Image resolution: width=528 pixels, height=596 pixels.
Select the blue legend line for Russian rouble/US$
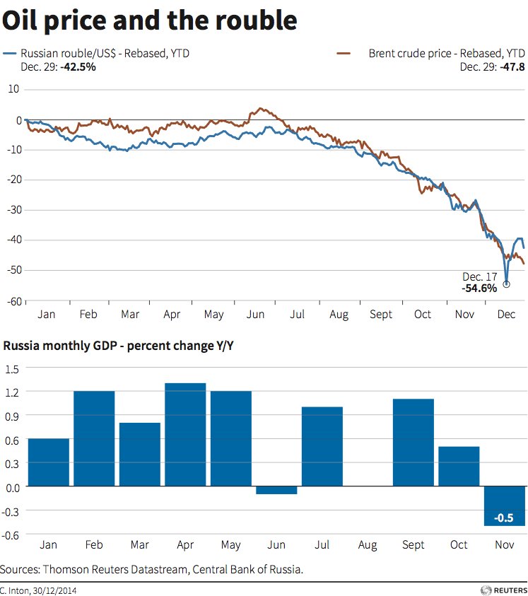coord(10,53)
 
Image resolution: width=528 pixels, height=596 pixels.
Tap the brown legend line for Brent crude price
coord(344,53)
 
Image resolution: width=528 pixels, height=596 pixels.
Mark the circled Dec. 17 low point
coord(506,284)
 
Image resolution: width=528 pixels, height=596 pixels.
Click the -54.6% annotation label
coord(480,288)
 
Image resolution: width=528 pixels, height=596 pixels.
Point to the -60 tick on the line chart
coord(13,301)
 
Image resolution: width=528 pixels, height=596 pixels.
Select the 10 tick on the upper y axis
coord(15,89)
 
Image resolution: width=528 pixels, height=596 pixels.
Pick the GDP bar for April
coord(185,434)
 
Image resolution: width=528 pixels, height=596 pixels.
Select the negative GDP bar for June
coord(276,490)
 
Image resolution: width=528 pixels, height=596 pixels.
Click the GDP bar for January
coord(49,462)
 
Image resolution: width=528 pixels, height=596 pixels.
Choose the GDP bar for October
coord(459,466)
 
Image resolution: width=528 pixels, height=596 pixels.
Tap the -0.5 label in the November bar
coord(503,518)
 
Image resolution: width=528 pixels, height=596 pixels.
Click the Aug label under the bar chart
coord(368,545)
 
